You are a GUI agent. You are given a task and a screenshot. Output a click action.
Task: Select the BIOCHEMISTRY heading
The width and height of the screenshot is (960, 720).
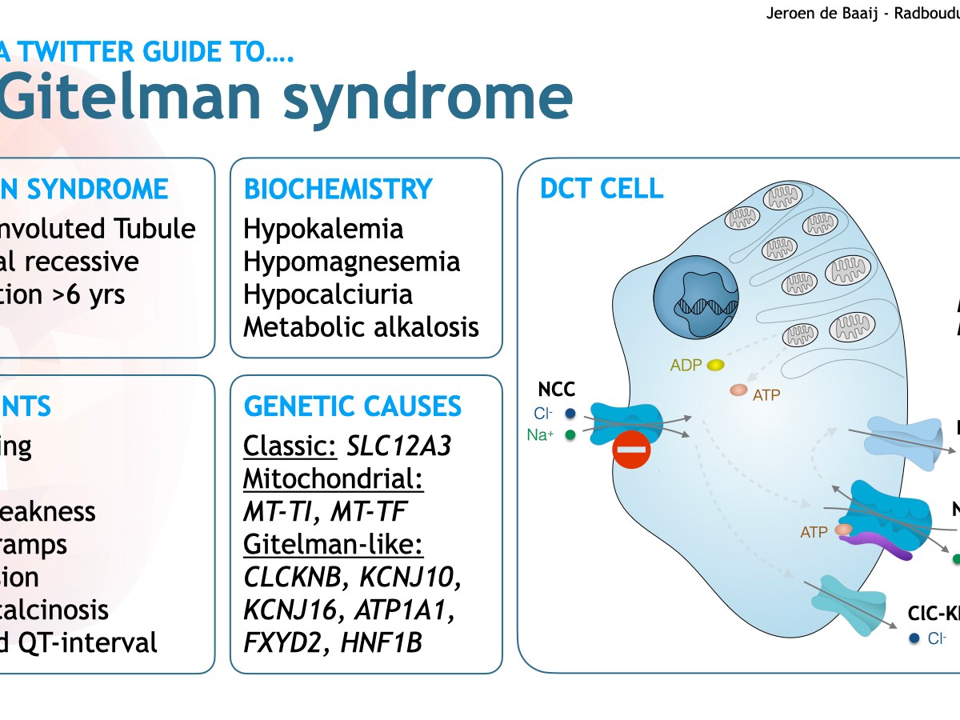(338, 190)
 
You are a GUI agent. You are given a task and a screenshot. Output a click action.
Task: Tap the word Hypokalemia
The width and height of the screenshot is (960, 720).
(323, 229)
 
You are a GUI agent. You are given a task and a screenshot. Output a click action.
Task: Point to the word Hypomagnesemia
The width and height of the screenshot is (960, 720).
(351, 262)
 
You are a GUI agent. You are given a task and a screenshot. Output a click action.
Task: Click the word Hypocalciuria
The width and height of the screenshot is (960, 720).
(328, 294)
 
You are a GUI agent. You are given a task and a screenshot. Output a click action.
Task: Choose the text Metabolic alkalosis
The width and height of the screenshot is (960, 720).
(361, 327)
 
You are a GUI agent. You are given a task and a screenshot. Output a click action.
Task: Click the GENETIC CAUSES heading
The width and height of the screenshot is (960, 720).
(352, 406)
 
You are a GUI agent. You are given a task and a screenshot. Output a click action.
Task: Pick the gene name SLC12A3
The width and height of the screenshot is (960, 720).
(398, 446)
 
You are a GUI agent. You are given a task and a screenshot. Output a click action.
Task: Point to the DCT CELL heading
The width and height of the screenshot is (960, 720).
(602, 189)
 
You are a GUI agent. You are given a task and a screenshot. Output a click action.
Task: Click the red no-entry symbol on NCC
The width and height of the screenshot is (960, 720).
(631, 450)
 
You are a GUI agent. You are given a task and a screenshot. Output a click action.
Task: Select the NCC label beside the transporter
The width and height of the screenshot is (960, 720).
(556, 390)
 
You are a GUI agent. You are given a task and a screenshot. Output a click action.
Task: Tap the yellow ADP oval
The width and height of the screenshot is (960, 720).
(715, 365)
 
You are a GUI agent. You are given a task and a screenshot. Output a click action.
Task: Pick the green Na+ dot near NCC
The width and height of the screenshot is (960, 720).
(570, 435)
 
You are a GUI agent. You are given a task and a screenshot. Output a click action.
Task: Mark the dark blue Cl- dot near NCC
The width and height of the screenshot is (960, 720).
(570, 414)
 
